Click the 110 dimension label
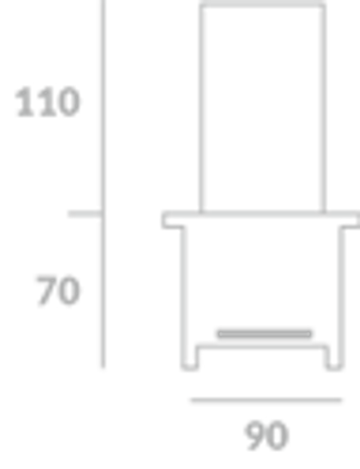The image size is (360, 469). (48, 102)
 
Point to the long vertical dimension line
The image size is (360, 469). (103, 183)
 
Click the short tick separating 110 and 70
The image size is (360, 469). (86, 214)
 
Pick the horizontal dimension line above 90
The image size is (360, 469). (266, 400)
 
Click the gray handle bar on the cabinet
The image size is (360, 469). (265, 334)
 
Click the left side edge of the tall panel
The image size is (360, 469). (201, 108)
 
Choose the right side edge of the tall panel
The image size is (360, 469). (323, 108)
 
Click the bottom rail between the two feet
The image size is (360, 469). (262, 347)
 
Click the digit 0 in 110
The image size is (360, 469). (69, 102)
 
